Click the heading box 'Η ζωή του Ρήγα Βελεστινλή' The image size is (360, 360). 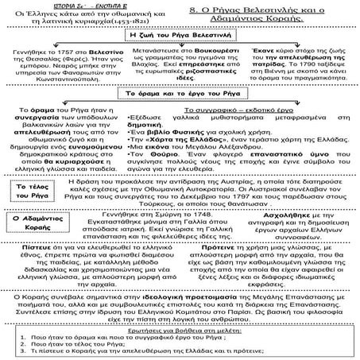click(179, 37)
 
